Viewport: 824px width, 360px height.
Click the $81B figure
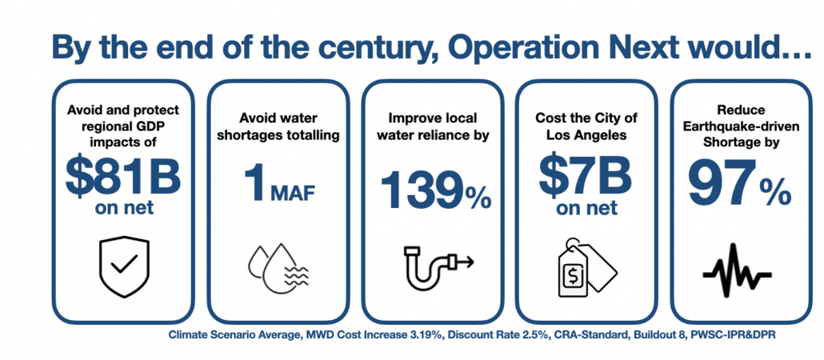(122, 178)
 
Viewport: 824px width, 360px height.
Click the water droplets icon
(276, 265)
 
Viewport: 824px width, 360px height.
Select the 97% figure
(740, 187)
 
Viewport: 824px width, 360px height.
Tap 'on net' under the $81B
(122, 210)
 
